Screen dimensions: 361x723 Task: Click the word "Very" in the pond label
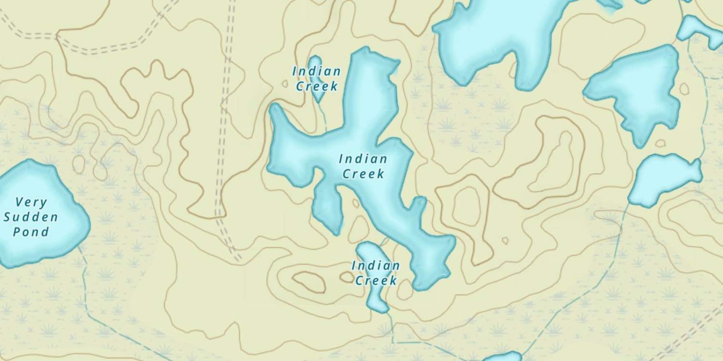(x=31, y=202)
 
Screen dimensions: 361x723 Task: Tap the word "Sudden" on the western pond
(x=31, y=217)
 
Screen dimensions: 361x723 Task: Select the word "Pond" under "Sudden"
(x=31, y=232)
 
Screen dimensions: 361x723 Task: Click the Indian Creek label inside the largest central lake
(x=363, y=166)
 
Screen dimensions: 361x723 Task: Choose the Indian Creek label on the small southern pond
(x=375, y=273)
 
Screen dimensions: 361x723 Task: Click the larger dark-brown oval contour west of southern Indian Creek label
(x=309, y=282)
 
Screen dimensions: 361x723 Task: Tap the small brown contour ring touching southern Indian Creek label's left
(x=347, y=277)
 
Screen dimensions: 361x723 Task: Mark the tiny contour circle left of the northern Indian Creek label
(x=285, y=83)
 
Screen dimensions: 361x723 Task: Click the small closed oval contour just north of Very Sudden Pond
(x=79, y=164)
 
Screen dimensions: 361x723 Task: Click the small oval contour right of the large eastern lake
(x=684, y=89)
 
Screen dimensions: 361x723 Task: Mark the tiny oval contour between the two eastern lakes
(x=660, y=143)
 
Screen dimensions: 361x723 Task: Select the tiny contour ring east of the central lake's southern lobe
(x=505, y=240)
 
